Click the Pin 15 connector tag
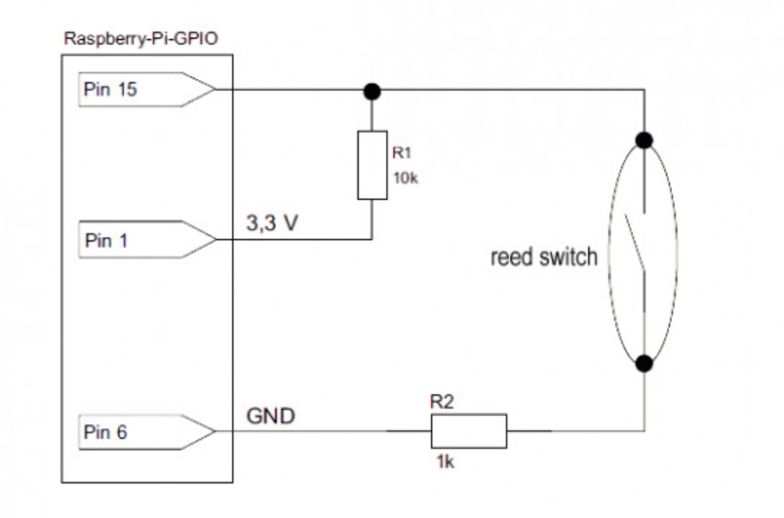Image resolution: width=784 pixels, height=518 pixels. click(147, 89)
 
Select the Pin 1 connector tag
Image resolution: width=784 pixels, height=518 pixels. click(147, 239)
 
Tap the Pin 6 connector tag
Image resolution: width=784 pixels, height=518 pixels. click(147, 432)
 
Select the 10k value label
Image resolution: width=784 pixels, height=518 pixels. click(405, 178)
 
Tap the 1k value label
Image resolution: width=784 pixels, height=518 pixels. click(445, 462)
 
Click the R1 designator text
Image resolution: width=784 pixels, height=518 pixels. click(402, 152)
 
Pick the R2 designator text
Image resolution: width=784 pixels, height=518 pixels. click(442, 402)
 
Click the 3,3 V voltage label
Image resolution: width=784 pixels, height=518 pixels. click(272, 222)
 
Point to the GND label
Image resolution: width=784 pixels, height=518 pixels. click(270, 415)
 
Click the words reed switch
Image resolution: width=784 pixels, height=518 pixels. click(544, 257)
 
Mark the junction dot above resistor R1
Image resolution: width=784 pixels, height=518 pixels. click(372, 91)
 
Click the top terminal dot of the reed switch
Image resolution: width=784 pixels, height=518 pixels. click(644, 140)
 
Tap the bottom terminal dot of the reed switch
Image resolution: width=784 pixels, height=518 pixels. click(644, 363)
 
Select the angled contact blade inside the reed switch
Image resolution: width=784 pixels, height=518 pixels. click(634, 243)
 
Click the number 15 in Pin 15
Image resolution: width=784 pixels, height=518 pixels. click(126, 89)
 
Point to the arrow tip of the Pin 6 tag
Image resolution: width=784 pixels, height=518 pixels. click(216, 431)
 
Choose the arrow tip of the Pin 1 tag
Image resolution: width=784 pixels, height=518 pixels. click(216, 239)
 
